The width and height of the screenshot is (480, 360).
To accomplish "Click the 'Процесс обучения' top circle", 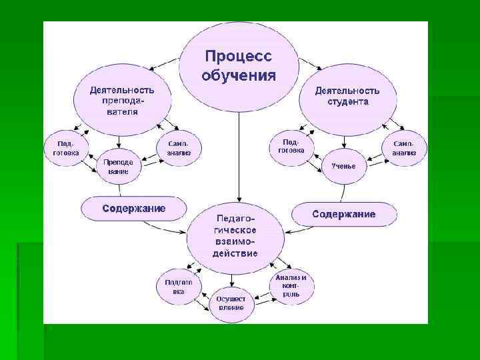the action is point(238,64).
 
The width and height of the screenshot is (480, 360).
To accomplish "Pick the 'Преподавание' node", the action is point(117,167).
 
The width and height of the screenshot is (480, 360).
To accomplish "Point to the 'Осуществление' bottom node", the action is point(231,303).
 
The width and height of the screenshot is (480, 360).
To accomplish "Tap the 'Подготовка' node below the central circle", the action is point(179,286).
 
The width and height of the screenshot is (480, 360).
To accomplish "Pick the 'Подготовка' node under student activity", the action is point(291,146).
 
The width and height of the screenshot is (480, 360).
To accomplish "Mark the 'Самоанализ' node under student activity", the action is point(404,148).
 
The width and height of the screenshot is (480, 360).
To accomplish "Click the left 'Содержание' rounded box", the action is point(133,209).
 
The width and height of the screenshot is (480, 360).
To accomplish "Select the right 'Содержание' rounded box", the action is point(344,214).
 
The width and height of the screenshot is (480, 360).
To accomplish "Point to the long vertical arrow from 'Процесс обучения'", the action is point(238,153).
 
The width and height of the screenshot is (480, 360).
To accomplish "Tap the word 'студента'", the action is point(347,102).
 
